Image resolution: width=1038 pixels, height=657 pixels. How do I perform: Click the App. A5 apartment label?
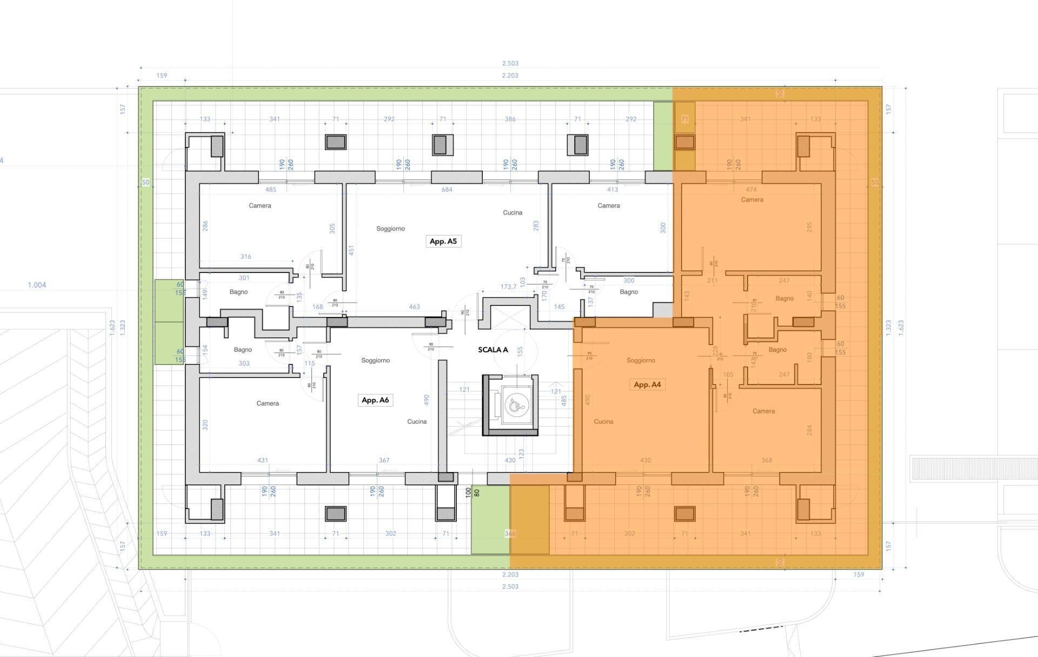443,241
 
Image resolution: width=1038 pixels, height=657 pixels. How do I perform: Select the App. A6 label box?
375,400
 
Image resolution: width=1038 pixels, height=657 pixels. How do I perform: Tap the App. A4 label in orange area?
647,384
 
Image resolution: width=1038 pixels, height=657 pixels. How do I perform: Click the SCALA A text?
493,350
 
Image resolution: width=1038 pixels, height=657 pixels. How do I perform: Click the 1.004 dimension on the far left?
37,285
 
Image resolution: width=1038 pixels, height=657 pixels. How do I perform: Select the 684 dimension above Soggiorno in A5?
447,190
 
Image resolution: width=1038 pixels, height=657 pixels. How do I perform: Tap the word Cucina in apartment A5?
513,213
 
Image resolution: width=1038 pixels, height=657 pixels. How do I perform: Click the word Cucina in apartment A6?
417,422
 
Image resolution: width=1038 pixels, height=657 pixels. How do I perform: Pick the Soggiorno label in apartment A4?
641,360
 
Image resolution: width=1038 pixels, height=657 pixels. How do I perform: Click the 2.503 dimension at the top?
510,64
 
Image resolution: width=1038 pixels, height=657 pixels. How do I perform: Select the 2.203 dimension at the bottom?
510,575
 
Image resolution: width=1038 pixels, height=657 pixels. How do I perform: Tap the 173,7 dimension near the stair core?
508,287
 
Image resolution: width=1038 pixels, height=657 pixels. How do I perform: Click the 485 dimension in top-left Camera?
270,190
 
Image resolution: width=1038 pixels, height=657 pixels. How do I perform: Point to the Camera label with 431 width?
268,403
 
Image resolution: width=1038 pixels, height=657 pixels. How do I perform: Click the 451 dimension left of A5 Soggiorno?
351,250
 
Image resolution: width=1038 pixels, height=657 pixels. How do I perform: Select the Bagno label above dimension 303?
243,350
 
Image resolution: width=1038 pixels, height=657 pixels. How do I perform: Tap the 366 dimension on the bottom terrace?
510,534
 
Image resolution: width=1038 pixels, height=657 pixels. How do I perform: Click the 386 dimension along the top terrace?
510,119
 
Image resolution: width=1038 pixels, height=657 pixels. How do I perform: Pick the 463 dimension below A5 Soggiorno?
414,307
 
